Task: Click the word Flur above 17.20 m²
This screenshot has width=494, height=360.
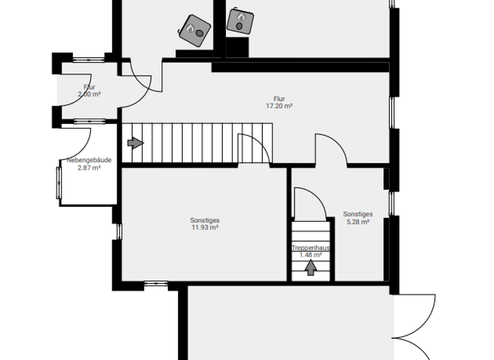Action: pos(279,99)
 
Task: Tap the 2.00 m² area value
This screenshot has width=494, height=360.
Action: pos(89,94)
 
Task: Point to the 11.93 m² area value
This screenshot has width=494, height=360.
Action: pos(205,227)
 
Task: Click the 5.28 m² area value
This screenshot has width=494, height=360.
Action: pos(357,222)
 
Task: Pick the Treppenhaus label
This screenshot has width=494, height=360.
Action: pos(311,248)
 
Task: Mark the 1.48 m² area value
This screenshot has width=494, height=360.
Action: pos(311,255)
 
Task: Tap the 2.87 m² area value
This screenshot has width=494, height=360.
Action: pos(89,168)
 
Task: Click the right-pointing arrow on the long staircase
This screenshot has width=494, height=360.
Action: pos(135,143)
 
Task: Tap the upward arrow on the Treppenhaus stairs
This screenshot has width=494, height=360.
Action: pos(311,269)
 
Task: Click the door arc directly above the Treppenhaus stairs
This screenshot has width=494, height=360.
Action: pos(309,203)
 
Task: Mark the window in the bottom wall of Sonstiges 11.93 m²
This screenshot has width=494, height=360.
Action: pos(156,282)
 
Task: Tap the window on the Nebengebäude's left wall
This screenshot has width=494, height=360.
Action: pos(59,183)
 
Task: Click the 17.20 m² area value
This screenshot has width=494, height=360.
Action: pos(279,106)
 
